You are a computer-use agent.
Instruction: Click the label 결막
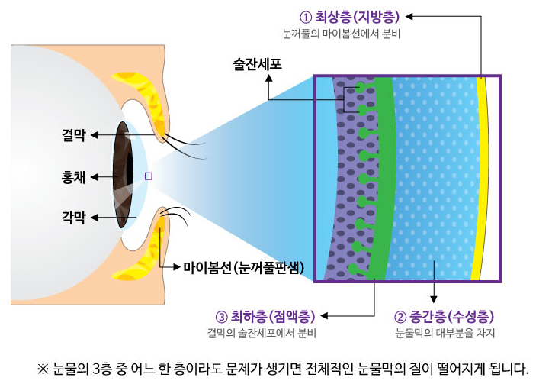73,136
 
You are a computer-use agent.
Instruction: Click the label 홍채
73,177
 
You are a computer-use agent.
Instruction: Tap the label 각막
73,218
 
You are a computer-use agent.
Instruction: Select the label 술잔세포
257,64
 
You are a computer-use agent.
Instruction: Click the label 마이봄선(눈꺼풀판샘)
243,267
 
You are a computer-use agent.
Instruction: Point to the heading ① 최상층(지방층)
350,17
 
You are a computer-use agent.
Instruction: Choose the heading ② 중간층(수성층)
445,317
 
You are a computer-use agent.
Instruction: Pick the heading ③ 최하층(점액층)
265,317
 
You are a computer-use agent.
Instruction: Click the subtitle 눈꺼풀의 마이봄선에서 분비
341,34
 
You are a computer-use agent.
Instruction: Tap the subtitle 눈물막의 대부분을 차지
445,333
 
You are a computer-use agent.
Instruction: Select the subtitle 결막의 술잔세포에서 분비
262,333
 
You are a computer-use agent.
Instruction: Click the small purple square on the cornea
149,176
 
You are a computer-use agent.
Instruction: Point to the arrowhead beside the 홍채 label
95,177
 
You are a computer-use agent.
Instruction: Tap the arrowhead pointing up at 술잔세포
269,78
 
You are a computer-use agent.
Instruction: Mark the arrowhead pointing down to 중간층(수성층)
434,298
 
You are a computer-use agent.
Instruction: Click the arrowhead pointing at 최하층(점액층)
324,315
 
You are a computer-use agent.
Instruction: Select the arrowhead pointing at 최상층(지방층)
409,16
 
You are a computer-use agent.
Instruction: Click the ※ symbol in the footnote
43,369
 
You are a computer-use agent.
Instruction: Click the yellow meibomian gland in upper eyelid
143,99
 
